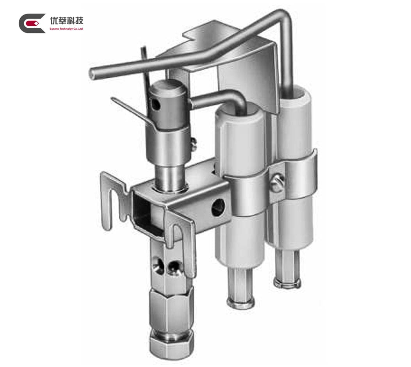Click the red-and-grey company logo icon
point(32,23)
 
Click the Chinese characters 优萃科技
point(66,20)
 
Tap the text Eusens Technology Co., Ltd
point(66,29)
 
